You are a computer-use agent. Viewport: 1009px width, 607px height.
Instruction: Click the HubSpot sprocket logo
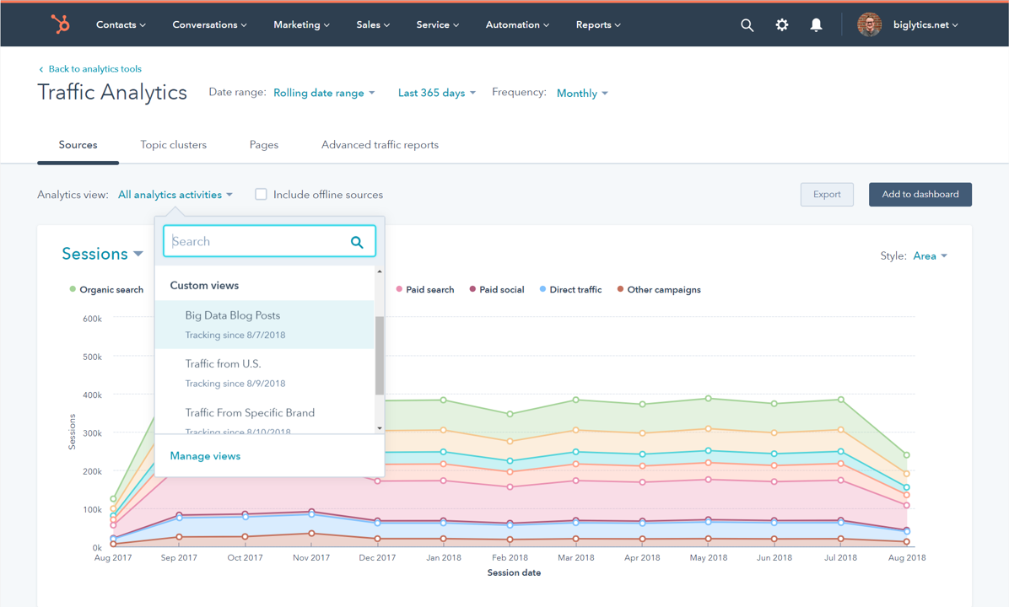[61, 24]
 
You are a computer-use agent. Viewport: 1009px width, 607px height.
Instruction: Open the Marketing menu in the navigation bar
[301, 24]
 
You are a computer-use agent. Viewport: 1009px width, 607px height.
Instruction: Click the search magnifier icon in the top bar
[747, 25]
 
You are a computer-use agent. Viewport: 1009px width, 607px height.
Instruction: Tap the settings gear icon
[782, 25]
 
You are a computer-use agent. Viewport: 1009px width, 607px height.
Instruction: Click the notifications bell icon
[816, 25]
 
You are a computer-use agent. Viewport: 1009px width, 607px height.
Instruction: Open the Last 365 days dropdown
[436, 93]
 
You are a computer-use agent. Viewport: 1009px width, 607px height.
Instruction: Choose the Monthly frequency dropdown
[582, 94]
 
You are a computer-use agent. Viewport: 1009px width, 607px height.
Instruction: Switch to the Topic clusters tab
[173, 145]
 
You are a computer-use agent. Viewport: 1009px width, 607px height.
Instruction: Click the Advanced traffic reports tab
[380, 145]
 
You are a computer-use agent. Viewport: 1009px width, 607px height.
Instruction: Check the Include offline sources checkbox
[262, 195]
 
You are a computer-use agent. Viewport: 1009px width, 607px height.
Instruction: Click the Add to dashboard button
[920, 195]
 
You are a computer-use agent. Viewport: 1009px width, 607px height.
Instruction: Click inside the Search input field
[257, 242]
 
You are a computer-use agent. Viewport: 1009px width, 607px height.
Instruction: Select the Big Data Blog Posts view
[233, 315]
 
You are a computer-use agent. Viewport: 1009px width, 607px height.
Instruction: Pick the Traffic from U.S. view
[223, 364]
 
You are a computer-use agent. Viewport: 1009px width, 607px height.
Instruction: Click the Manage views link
[205, 456]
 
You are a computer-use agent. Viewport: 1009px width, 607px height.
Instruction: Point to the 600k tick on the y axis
[92, 319]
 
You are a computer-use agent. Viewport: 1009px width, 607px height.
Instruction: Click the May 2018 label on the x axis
[708, 558]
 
